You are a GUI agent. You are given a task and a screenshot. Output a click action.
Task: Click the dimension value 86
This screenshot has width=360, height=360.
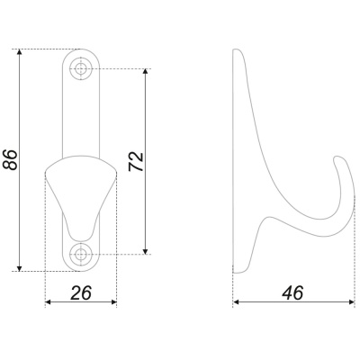tap(10, 159)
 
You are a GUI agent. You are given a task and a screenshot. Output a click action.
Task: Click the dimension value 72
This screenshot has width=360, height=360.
tap(136, 162)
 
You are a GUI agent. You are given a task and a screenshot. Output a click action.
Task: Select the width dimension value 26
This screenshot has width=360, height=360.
tap(81, 292)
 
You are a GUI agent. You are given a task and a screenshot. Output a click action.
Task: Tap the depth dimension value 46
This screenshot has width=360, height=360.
tap(292, 292)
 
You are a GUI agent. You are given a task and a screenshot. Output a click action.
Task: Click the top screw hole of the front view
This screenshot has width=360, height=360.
tap(80, 68)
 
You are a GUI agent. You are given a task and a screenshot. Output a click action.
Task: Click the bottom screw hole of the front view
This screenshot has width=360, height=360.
tap(80, 255)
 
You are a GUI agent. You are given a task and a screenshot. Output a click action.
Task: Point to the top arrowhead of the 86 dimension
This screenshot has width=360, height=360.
tap(20, 52)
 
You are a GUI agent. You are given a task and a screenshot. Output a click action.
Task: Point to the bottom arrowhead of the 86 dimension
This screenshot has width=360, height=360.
tap(20, 268)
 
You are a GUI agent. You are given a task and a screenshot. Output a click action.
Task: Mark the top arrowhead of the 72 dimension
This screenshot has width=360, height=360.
tap(146, 72)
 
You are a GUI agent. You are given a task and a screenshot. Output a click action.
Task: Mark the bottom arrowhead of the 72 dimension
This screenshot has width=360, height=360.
tap(146, 251)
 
